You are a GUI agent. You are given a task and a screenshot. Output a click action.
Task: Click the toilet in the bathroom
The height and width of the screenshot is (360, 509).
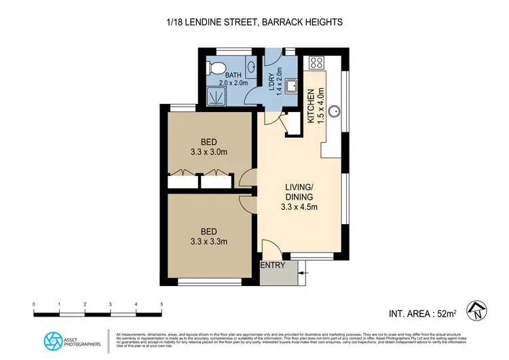pos(216,69)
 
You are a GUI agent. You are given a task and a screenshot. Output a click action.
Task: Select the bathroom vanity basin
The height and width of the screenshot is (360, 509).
pos(251,68)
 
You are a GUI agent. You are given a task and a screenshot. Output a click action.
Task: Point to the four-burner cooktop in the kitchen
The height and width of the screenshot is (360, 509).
pos(317,63)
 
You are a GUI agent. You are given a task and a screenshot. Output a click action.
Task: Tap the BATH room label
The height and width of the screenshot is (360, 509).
pos(233,75)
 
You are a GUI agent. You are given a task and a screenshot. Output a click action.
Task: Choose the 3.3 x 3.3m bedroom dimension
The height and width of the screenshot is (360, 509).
pos(208,241)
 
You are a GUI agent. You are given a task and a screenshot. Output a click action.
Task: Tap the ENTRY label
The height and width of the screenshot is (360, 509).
pos(274,266)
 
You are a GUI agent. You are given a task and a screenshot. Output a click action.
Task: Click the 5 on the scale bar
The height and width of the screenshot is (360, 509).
pos(162,304)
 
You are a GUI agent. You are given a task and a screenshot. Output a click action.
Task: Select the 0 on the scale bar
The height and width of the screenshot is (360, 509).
pos(34,304)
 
